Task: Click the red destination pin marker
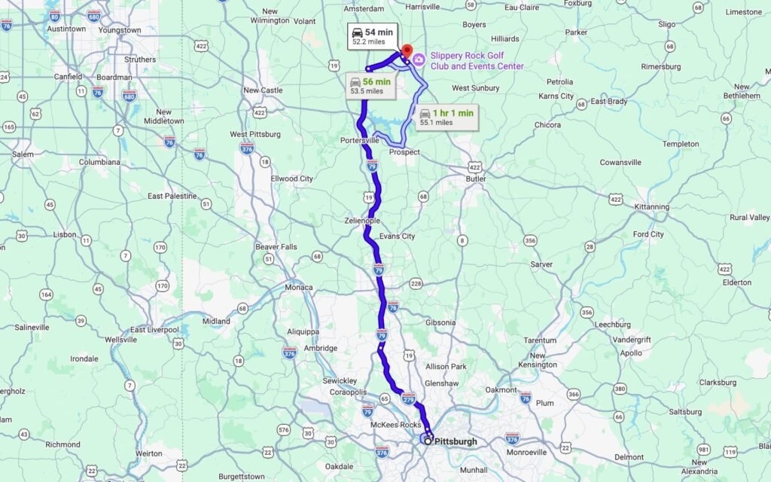point(407,51)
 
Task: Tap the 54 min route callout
point(371,36)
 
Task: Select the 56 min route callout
point(370,85)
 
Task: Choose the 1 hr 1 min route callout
point(447,117)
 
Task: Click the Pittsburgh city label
point(456,441)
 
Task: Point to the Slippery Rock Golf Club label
point(477,61)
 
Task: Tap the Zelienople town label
point(361,221)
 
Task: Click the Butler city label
point(476,178)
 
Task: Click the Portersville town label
point(364,141)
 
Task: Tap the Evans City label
point(397,236)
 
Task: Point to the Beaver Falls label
point(276,246)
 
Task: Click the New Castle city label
point(263,90)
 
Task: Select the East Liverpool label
point(154,330)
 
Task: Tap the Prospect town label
point(404,152)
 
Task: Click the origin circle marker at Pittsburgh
point(428,441)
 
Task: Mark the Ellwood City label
point(291,178)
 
